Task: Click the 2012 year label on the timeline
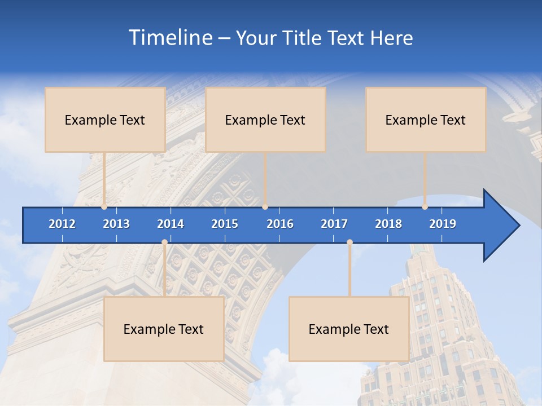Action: (62, 224)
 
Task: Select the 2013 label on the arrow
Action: (116, 224)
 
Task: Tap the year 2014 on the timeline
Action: (171, 224)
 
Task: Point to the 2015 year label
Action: (225, 224)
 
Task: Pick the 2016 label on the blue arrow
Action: (280, 224)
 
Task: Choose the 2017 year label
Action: (334, 224)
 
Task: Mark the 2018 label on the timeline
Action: (388, 224)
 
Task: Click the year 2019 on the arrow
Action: (443, 224)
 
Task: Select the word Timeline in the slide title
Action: (169, 38)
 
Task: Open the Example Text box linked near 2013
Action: (105, 120)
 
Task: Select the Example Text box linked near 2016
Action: (265, 120)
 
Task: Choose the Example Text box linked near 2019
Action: (426, 120)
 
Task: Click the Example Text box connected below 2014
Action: (164, 329)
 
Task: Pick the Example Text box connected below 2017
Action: (349, 329)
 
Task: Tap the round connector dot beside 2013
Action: (104, 207)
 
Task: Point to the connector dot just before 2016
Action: (265, 207)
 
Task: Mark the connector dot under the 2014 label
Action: (164, 242)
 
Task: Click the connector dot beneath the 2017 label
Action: (349, 242)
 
